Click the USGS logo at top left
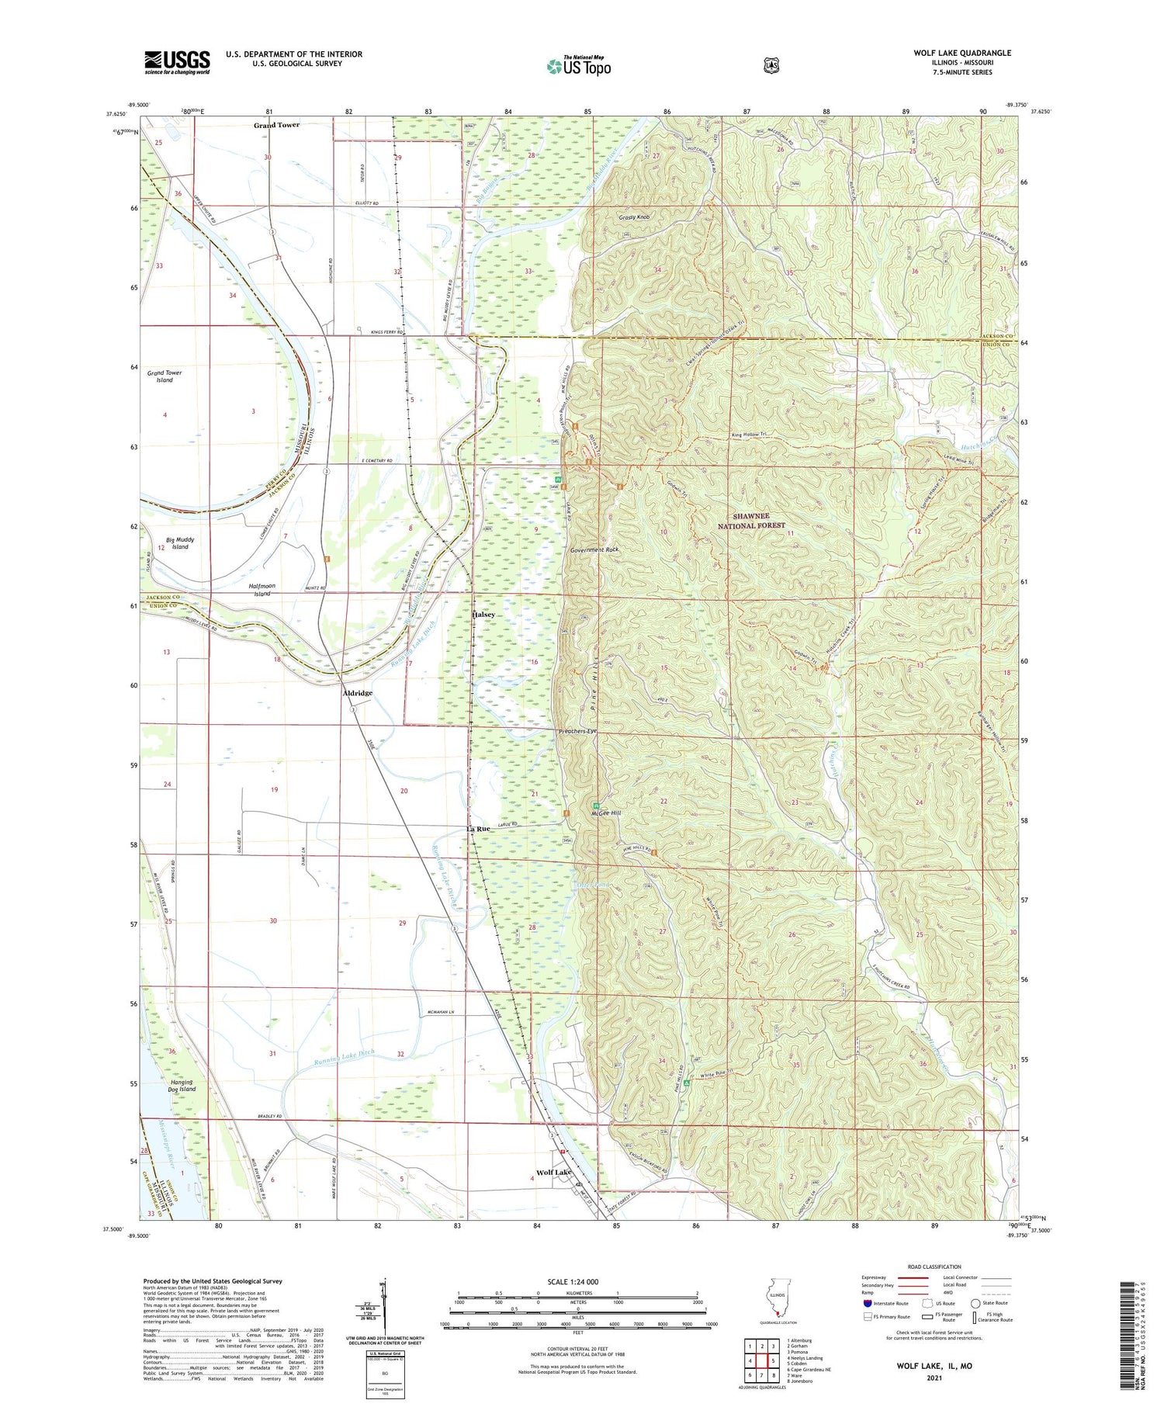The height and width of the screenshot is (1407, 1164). tap(177, 62)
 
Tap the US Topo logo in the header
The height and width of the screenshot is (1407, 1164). tap(579, 66)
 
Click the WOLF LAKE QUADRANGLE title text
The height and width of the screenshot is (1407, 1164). tap(961, 53)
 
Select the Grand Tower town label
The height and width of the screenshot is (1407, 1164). tap(276, 125)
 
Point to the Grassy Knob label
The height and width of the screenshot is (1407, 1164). tap(634, 218)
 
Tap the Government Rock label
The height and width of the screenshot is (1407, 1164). tap(594, 549)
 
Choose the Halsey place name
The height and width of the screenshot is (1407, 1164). tap(483, 615)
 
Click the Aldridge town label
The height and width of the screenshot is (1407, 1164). tap(358, 693)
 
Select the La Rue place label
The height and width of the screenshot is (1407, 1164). tap(478, 829)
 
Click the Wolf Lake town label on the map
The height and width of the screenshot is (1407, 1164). tap(553, 1173)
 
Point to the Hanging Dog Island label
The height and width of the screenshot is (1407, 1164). tap(182, 1086)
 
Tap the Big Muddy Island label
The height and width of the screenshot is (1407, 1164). tap(180, 543)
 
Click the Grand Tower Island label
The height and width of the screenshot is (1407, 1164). tap(165, 376)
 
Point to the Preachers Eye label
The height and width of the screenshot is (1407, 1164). tap(578, 732)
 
